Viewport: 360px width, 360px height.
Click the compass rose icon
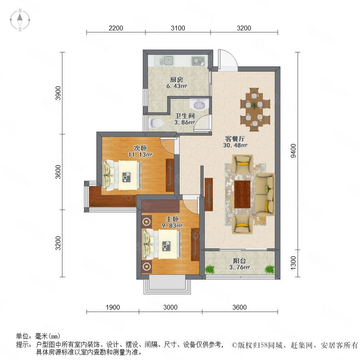click(x=20, y=20)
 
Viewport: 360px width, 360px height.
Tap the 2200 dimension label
click(x=116, y=28)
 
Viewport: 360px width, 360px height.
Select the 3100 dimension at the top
click(x=178, y=28)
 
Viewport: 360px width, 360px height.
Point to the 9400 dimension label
click(x=293, y=151)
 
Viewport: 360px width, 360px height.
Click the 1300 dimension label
click(x=293, y=263)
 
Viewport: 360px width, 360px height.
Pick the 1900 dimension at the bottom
click(x=113, y=307)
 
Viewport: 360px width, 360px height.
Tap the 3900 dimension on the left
click(x=58, y=93)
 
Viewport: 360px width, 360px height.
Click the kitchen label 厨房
click(x=176, y=80)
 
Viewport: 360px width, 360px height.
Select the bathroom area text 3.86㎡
click(x=184, y=122)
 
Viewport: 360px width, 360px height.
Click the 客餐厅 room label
click(x=235, y=139)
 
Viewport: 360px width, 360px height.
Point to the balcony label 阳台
click(x=240, y=261)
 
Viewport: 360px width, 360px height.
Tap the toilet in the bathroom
click(x=156, y=123)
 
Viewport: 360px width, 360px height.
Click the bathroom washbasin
click(x=199, y=105)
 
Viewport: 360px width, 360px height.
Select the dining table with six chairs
click(x=254, y=109)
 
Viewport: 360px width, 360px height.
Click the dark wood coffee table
click(x=242, y=194)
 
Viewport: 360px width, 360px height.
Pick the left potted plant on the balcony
click(x=209, y=269)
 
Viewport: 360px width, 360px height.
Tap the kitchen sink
click(x=167, y=60)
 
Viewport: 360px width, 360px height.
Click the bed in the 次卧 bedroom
click(x=122, y=175)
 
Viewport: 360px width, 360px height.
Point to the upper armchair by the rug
click(x=242, y=164)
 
